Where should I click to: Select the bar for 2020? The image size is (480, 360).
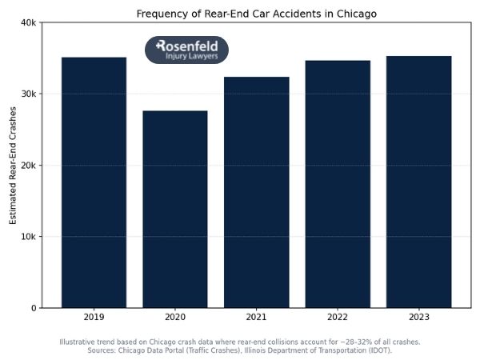pyautogui.click(x=174, y=209)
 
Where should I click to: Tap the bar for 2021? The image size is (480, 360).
pyautogui.click(x=256, y=192)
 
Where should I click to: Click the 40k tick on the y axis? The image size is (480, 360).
pyautogui.click(x=27, y=22)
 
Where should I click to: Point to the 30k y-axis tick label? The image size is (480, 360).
pyautogui.click(x=27, y=94)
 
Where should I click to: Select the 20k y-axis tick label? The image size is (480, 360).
pyautogui.click(x=27, y=166)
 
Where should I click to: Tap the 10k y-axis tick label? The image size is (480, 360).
pyautogui.click(x=27, y=237)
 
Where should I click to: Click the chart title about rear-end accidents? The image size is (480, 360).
pyautogui.click(x=256, y=14)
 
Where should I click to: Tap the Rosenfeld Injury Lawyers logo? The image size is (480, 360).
pyautogui.click(x=186, y=50)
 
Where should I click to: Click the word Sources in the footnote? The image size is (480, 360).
pyautogui.click(x=103, y=350)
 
